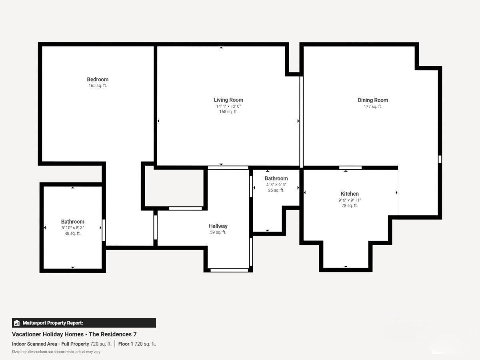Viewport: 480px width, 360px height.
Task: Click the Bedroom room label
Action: [x=98, y=79]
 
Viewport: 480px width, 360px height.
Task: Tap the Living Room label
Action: [x=228, y=100]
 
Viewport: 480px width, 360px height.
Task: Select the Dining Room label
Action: [x=373, y=100]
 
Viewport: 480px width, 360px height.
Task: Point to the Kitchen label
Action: [x=350, y=194]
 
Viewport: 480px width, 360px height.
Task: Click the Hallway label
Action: [x=218, y=226]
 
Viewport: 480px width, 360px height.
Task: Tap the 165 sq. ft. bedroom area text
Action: [x=98, y=86]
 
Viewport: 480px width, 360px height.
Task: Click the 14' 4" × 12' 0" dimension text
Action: [x=228, y=106]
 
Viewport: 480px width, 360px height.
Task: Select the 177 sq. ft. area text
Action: [x=373, y=106]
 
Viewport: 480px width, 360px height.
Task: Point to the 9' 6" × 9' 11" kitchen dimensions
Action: [x=350, y=200]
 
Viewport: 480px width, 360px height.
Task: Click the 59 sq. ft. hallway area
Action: [x=218, y=232]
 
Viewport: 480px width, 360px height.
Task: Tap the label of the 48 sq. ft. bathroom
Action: [x=73, y=222]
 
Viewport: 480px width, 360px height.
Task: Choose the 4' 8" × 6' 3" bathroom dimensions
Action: [x=276, y=184]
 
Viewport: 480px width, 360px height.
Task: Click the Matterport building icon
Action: [x=17, y=323]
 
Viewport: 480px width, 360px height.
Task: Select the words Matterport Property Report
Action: [x=53, y=323]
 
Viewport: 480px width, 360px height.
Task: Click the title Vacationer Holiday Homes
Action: [x=48, y=334]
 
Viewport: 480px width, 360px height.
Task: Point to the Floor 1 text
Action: [x=126, y=344]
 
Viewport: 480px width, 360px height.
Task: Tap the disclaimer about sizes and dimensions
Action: [x=56, y=352]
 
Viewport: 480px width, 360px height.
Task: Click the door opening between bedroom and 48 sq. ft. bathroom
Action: [x=104, y=230]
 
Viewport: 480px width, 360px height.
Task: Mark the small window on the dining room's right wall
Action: [x=440, y=159]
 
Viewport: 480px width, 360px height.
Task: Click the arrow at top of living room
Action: [x=221, y=48]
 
